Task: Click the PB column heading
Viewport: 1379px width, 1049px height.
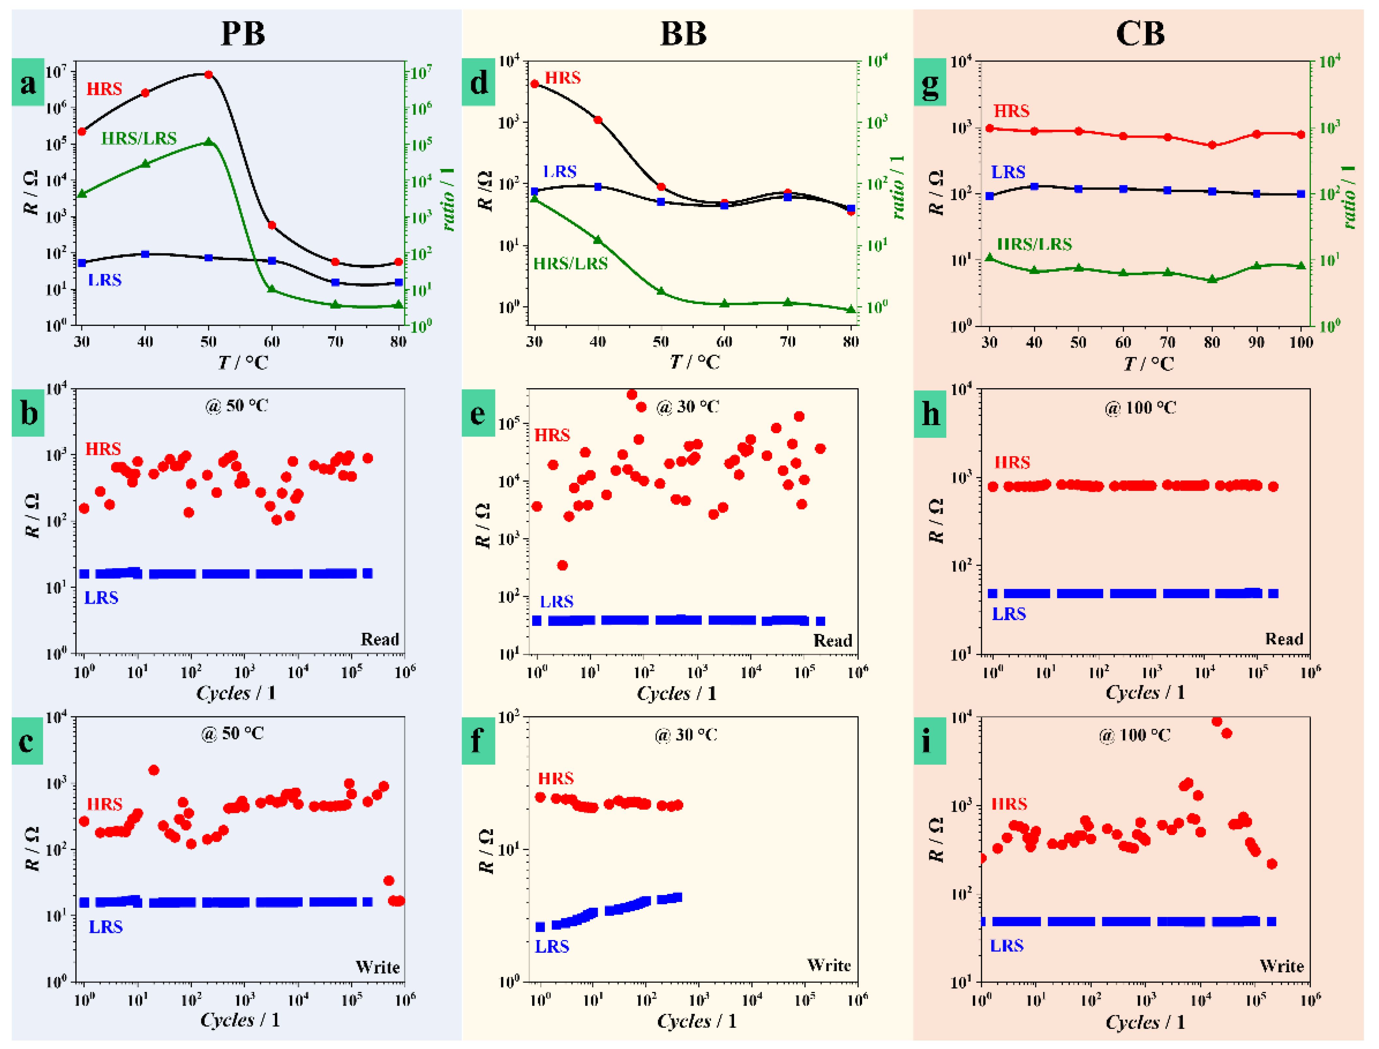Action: [243, 34]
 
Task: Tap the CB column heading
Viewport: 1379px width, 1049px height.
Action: [1140, 34]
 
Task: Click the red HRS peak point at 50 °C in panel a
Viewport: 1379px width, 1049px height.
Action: [208, 74]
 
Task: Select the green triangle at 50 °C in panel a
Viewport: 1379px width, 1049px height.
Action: [208, 142]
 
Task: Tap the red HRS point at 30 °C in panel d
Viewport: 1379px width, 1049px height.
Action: [534, 84]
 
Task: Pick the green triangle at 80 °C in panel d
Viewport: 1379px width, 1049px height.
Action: [850, 309]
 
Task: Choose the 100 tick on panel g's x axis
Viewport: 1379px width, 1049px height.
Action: [1301, 342]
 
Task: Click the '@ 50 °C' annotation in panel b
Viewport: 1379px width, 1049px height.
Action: [237, 406]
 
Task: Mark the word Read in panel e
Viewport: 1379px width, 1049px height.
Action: [832, 641]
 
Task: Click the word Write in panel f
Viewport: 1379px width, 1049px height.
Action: [828, 965]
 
